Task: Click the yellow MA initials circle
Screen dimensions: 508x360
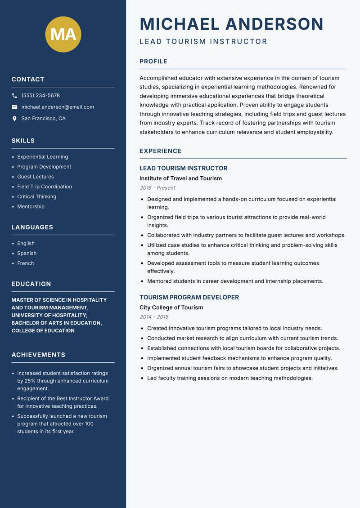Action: pyautogui.click(x=63, y=34)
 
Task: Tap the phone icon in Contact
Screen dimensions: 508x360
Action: pyautogui.click(x=14, y=96)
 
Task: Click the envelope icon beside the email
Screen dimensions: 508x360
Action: pyautogui.click(x=14, y=107)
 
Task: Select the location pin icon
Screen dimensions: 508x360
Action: pyautogui.click(x=14, y=119)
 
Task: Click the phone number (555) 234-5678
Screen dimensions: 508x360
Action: pyautogui.click(x=40, y=96)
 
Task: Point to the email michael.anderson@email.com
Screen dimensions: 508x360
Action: pyautogui.click(x=58, y=107)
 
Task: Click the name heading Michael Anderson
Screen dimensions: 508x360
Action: pyautogui.click(x=231, y=24)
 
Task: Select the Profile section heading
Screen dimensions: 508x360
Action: pyautogui.click(x=153, y=62)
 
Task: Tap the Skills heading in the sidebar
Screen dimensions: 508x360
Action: pyautogui.click(x=23, y=141)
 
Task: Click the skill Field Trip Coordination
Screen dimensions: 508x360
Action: pyautogui.click(x=45, y=187)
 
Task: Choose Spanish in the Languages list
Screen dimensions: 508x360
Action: pyautogui.click(x=27, y=253)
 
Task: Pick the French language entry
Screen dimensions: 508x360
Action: pyautogui.click(x=26, y=263)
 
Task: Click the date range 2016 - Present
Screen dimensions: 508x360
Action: pyautogui.click(x=157, y=188)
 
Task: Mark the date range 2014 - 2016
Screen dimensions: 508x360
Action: pyautogui.click(x=154, y=317)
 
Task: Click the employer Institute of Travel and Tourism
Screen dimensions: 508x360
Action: pyautogui.click(x=180, y=178)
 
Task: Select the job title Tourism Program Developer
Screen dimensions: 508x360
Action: pyautogui.click(x=189, y=298)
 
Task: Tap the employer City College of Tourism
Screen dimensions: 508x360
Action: pyautogui.click(x=171, y=307)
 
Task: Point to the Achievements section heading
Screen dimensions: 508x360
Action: pyautogui.click(x=38, y=355)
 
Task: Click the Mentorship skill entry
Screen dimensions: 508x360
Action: pyautogui.click(x=31, y=206)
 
